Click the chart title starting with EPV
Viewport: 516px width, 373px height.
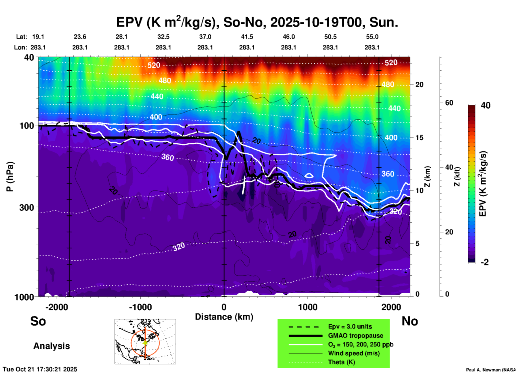[x=257, y=22]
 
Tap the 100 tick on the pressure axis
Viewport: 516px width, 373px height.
[x=27, y=125]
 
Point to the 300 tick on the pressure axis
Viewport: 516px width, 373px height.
[x=27, y=207]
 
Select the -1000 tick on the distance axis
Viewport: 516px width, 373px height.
[x=140, y=307]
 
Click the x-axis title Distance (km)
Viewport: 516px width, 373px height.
[x=224, y=317]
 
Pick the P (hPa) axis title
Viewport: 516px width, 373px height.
[x=10, y=177]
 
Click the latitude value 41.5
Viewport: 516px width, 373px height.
[x=247, y=37]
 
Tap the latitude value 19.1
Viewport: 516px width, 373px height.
[x=38, y=37]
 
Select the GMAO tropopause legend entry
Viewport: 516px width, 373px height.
[x=356, y=336]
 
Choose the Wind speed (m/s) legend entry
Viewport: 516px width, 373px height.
[x=354, y=353]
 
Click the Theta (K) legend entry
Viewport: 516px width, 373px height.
[x=341, y=362]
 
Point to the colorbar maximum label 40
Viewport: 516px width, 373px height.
[x=485, y=105]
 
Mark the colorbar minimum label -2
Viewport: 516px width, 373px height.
[x=485, y=262]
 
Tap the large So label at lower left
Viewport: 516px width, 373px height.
[x=38, y=321]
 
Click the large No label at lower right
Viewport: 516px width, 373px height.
[x=410, y=321]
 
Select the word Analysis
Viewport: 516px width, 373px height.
[x=51, y=346]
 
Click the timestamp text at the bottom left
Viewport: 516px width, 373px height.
[x=40, y=369]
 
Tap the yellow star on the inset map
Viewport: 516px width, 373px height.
[x=145, y=342]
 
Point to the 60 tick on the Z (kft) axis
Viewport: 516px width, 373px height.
[x=449, y=103]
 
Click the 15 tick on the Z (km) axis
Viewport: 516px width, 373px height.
[x=419, y=138]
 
